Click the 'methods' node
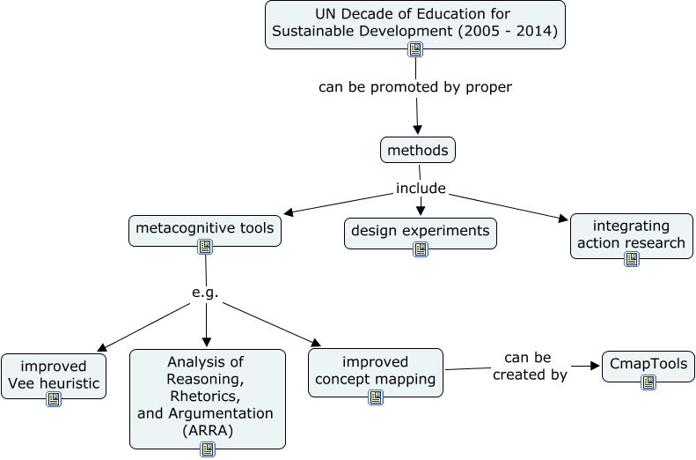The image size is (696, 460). [x=418, y=151]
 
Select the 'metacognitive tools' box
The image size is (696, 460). [x=204, y=230]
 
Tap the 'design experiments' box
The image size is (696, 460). [x=420, y=231]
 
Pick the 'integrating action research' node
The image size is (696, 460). [x=631, y=234]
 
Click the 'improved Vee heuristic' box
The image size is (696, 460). [x=54, y=375]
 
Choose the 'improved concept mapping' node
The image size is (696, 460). [x=376, y=371]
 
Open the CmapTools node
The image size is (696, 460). [x=648, y=364]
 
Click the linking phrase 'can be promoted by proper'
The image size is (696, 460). [x=414, y=87]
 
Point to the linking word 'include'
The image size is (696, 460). [x=421, y=188]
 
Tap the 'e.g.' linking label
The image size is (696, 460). [x=205, y=293]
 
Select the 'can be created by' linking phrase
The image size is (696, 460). [x=530, y=366]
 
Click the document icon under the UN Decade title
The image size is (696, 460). [x=415, y=49]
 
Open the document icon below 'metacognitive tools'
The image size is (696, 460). [x=205, y=247]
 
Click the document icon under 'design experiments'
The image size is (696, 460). [x=421, y=249]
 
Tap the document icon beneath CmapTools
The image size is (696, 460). [x=648, y=382]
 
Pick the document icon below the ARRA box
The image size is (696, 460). [x=208, y=449]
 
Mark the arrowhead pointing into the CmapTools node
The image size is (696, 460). [x=593, y=366]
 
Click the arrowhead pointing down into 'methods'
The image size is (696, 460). [x=418, y=130]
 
